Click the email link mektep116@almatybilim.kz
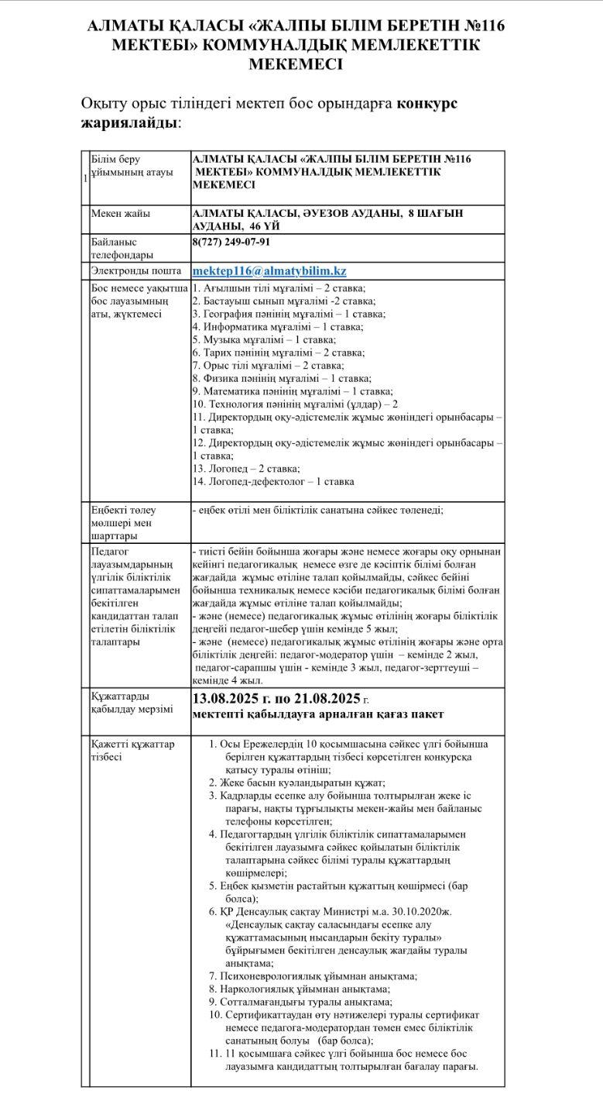pos(269,270)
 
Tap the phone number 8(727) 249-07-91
pos(231,242)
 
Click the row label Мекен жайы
pos(121,213)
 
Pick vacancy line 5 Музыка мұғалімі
pos(264,339)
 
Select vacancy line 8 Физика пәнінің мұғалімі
pos(282,379)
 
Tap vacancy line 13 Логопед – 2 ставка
pos(246,469)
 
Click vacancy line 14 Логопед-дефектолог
pos(273,482)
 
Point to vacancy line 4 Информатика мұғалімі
pos(277,327)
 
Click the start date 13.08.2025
pos(228,698)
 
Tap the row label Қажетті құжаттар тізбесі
pos(132,750)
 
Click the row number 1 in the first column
pos(84,178)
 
